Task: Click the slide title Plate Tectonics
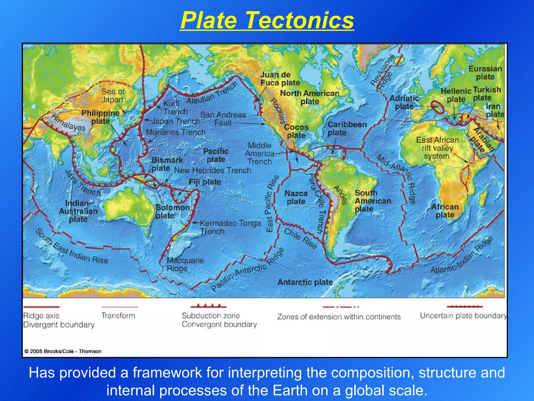[267, 20]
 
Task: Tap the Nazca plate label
[296, 197]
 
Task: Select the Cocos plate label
[296, 131]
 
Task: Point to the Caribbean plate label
[347, 128]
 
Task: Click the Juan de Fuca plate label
[280, 79]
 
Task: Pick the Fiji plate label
[205, 182]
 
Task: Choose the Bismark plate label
[167, 164]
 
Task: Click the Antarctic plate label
[305, 282]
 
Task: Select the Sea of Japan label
[113, 96]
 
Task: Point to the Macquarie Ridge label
[185, 264]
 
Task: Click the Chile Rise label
[300, 238]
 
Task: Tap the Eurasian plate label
[485, 73]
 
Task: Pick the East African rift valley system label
[437, 148]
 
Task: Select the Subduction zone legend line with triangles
[208, 306]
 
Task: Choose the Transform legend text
[118, 316]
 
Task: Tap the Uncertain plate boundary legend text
[463, 316]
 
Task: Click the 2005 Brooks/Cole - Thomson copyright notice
[63, 351]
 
